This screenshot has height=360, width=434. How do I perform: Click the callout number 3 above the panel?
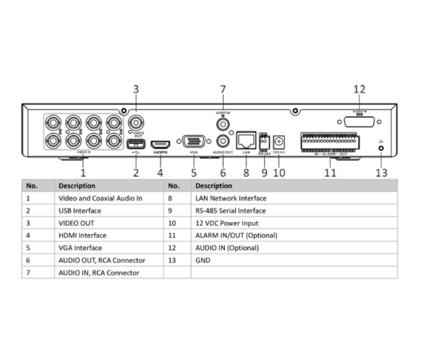(135, 90)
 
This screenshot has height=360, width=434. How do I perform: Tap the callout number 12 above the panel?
(359, 90)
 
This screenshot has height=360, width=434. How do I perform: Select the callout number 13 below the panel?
(381, 173)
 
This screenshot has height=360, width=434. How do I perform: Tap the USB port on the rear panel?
(135, 142)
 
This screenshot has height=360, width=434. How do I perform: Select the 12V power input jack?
(279, 141)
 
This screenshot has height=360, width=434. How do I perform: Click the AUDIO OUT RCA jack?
(223, 140)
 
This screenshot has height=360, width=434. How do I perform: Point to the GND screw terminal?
(381, 148)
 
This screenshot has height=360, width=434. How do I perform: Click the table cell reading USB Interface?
(80, 210)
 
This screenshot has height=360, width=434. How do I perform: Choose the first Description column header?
(77, 184)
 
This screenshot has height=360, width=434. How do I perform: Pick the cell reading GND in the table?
(203, 260)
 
